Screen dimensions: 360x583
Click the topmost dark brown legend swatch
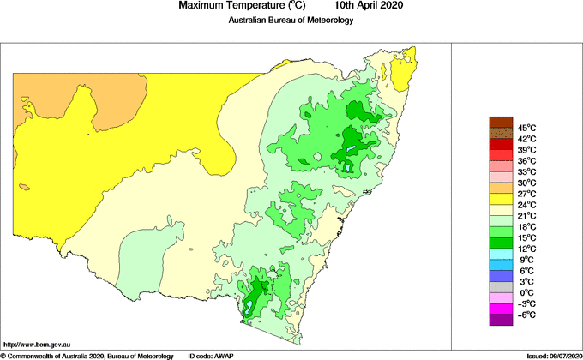tap(500, 122)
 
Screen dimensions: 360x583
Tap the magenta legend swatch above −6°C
tap(500, 309)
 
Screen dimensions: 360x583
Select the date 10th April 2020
tap(359, 6)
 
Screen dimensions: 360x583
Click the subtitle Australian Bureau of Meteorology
tap(291, 21)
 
